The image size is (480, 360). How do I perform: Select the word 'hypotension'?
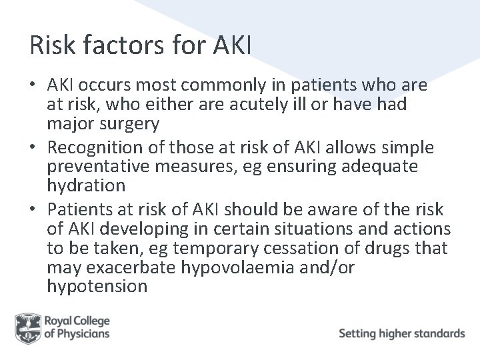(97, 287)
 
